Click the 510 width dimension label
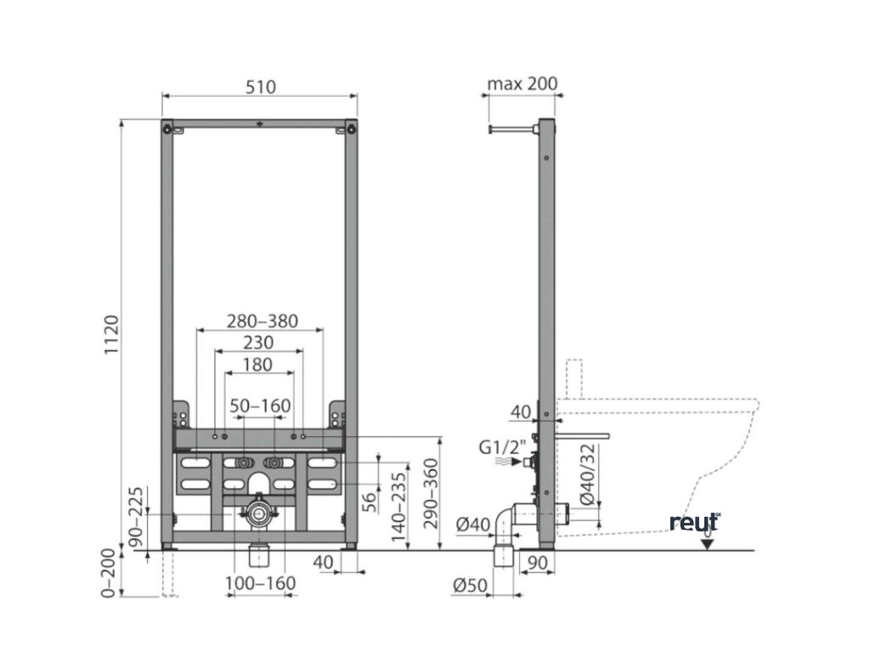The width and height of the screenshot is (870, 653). coord(260,86)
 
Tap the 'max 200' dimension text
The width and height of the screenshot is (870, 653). coord(522,83)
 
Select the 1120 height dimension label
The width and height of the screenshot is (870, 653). coord(111,336)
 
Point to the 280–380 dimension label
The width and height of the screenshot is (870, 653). coord(262,321)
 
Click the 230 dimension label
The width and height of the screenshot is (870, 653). coord(258,343)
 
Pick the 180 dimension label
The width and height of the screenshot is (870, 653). coord(257,365)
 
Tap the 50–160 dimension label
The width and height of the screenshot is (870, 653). coord(261,406)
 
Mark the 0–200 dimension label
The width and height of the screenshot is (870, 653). coord(107,573)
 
